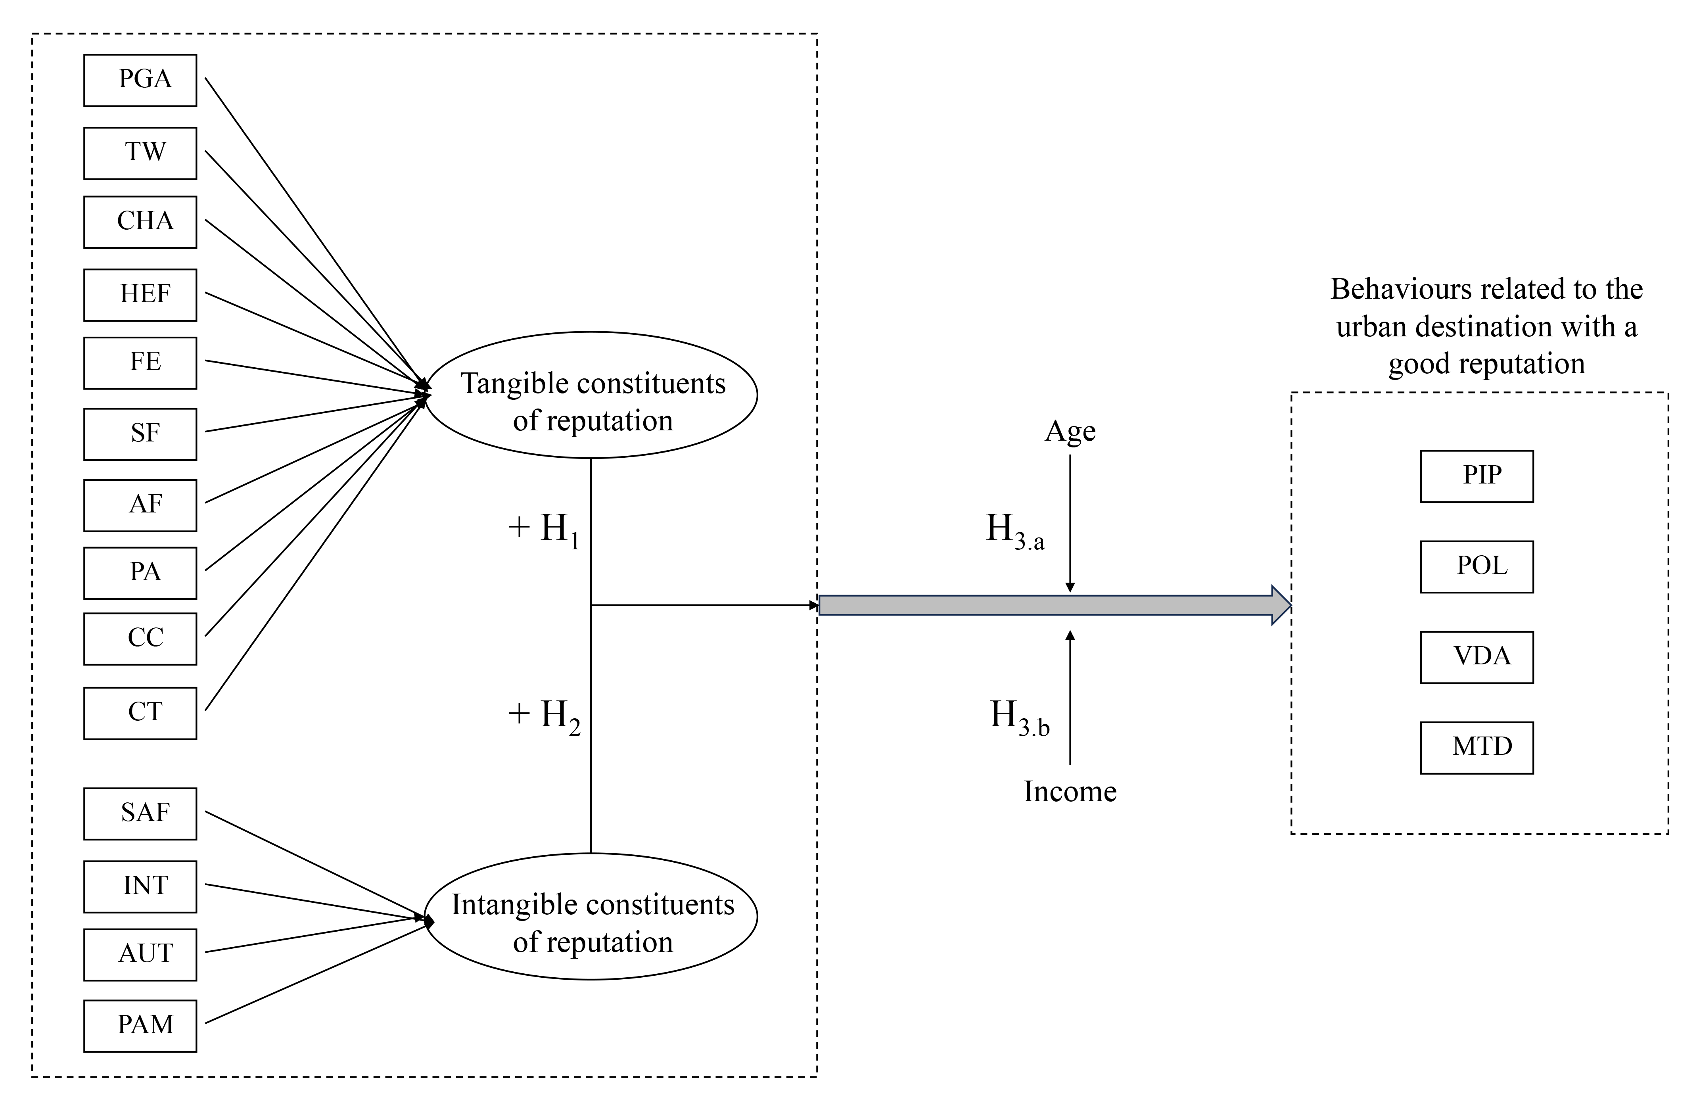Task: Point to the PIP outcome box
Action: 1476,476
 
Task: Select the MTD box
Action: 1476,748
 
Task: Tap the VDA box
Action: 1476,657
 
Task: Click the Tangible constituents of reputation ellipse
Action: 591,395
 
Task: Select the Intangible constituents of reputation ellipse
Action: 591,917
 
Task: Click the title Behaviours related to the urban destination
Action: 1486,326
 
